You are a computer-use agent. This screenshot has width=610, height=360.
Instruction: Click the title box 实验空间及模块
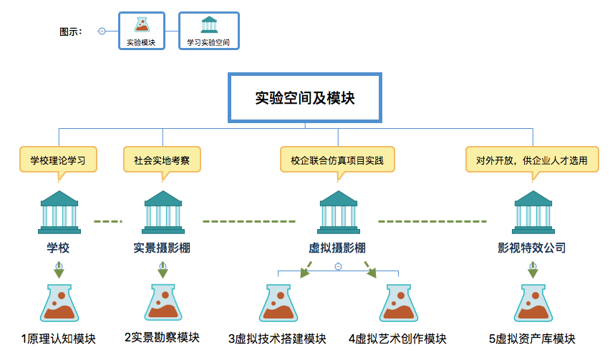[x=305, y=97]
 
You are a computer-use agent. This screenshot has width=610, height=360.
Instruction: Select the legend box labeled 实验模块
[x=142, y=31]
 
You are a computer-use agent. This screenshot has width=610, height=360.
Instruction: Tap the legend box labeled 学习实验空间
[x=208, y=31]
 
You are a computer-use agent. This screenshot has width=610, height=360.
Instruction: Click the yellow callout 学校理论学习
[x=58, y=160]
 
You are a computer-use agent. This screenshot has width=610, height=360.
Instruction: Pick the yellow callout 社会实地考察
[x=162, y=160]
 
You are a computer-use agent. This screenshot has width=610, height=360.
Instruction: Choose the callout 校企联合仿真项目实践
[x=337, y=160]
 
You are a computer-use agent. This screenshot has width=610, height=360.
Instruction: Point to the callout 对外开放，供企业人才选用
[x=532, y=160]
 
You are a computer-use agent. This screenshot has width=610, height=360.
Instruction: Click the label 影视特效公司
[x=532, y=248]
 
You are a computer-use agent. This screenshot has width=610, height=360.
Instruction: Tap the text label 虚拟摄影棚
[x=337, y=248]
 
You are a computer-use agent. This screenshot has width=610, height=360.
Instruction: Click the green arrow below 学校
[x=59, y=270]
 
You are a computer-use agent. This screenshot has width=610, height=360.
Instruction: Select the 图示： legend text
[x=71, y=31]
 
